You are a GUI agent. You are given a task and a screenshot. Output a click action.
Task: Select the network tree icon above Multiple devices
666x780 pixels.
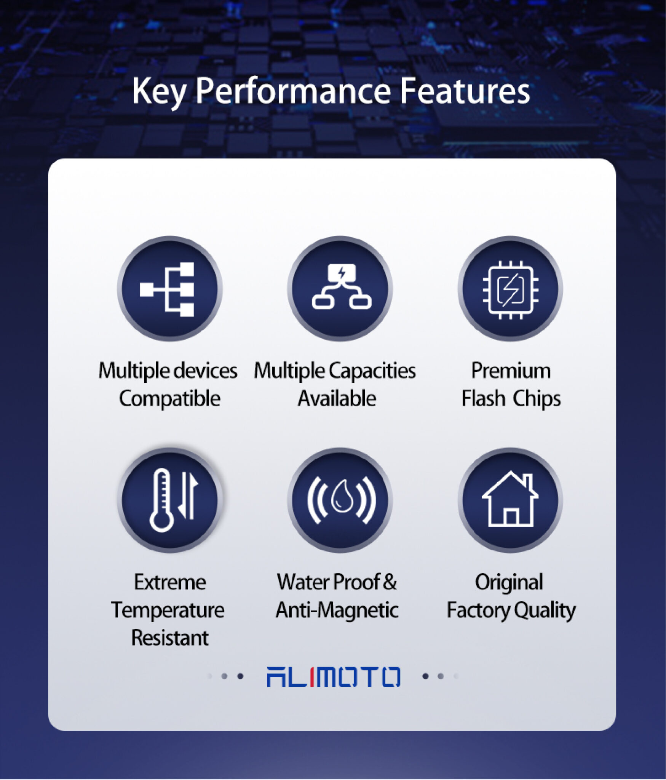coord(167,289)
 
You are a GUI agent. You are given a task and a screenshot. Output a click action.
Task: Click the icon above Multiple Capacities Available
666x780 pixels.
coord(342,286)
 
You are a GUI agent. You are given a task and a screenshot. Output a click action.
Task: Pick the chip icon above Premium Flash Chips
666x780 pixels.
coord(510,290)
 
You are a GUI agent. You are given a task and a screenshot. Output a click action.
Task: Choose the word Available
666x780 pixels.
coord(337,398)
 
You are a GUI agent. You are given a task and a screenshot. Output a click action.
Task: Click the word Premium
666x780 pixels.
coord(511,371)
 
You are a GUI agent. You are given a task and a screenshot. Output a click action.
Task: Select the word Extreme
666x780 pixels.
coord(170,582)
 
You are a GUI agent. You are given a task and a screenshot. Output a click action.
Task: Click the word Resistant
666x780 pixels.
coord(170,638)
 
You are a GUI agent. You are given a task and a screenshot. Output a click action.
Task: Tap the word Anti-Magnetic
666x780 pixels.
coord(337,610)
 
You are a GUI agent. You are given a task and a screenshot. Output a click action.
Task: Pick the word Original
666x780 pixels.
coord(509,583)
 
